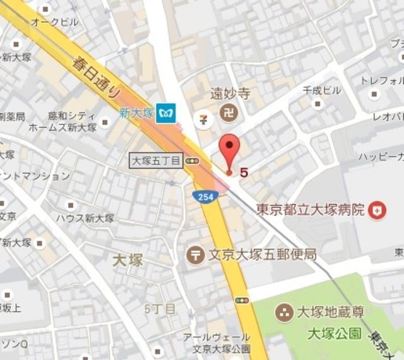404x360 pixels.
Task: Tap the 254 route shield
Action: click(202, 197)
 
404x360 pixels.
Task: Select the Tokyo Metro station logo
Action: click(167, 113)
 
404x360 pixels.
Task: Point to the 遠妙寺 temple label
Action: click(230, 93)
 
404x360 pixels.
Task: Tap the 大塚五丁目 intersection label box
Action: click(155, 161)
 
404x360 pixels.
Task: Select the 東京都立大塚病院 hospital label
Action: click(311, 210)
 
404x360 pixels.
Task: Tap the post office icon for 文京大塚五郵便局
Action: click(196, 255)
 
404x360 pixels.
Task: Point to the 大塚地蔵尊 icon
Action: click(285, 312)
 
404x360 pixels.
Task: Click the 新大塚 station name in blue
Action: click(134, 113)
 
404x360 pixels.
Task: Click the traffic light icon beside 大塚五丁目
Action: click(192, 162)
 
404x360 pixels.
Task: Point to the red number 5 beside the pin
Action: click(244, 171)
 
